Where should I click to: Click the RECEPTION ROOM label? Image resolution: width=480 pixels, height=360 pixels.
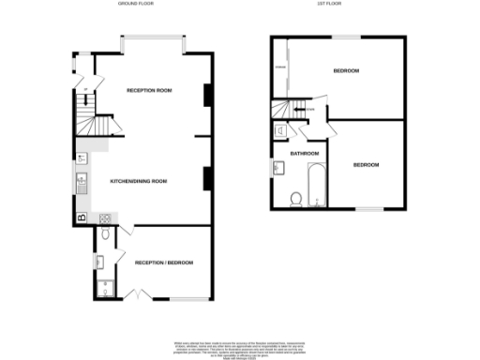pos(150,91)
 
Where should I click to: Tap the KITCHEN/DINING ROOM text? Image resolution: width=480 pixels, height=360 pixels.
pos(138,180)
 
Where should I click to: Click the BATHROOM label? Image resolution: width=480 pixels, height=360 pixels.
pos(304,154)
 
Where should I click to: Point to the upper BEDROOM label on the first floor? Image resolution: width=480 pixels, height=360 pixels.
pos(347,71)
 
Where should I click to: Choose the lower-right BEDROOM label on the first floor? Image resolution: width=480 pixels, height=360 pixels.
pos(366,165)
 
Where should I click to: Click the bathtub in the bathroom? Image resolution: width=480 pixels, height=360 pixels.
pos(316,184)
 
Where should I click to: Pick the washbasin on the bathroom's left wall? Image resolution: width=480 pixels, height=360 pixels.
pos(279,168)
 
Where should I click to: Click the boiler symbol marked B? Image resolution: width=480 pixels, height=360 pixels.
pos(82,217)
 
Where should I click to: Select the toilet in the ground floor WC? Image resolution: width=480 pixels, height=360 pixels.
pos(105,235)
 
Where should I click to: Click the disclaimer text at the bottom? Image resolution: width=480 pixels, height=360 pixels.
pos(239,348)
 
